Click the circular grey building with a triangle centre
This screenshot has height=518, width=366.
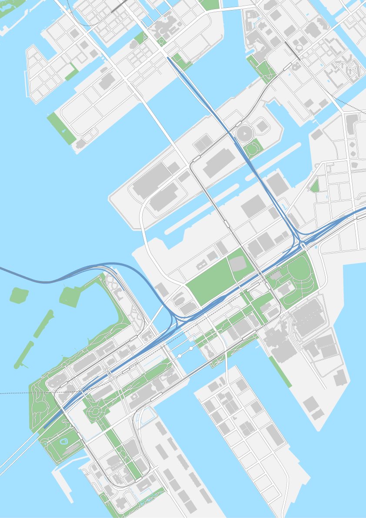tap(244, 133)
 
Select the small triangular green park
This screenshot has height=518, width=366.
tap(314, 186)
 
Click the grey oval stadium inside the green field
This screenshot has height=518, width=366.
tap(237, 263)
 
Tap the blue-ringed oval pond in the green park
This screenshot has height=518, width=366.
tap(63, 441)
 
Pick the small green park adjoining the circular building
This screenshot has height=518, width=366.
tap(252, 149)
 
